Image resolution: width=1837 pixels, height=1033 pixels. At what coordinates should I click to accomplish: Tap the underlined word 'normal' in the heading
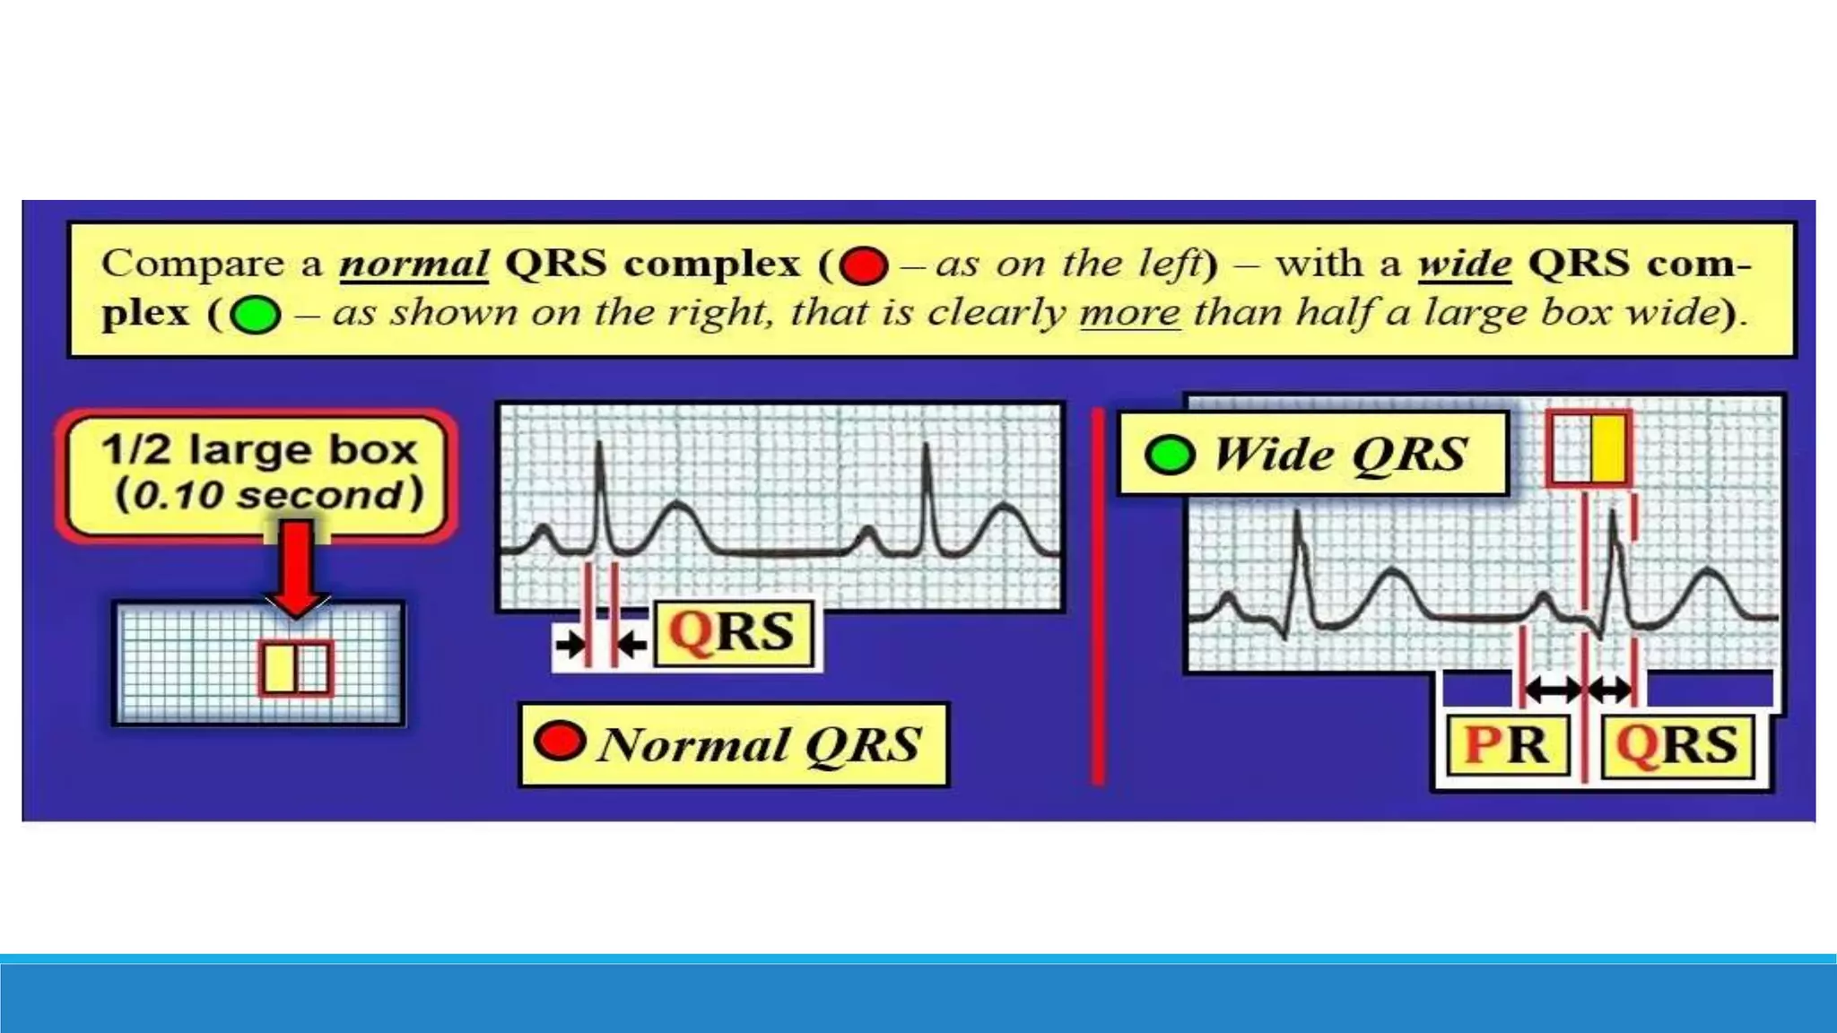click(414, 264)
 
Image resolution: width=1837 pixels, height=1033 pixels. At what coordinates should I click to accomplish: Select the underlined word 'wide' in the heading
click(1464, 264)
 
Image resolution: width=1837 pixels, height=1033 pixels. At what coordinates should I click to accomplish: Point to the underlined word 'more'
click(1129, 312)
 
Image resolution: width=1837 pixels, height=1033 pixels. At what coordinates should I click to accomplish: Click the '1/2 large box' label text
click(259, 449)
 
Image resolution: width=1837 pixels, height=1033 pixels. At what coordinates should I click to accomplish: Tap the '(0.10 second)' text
click(268, 495)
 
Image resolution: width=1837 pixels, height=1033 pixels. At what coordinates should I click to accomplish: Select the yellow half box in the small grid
click(279, 668)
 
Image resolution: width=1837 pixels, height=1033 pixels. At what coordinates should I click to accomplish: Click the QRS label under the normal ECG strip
click(732, 633)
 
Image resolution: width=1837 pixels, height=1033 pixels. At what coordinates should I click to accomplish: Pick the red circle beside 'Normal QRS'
click(559, 742)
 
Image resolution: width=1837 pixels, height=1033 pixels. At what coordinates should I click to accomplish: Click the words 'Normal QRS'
click(759, 745)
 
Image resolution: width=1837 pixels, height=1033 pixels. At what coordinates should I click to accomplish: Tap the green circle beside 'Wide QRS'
click(1170, 455)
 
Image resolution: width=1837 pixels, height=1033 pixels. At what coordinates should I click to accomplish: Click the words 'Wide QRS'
click(1340, 455)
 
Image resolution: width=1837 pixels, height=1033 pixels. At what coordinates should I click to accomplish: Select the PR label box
click(1507, 745)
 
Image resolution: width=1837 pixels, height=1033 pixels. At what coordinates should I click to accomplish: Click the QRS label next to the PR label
click(1676, 745)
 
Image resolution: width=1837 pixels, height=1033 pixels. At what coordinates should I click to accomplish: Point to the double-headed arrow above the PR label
click(1553, 690)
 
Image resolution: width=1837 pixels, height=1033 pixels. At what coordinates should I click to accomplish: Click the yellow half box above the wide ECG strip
click(1608, 448)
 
